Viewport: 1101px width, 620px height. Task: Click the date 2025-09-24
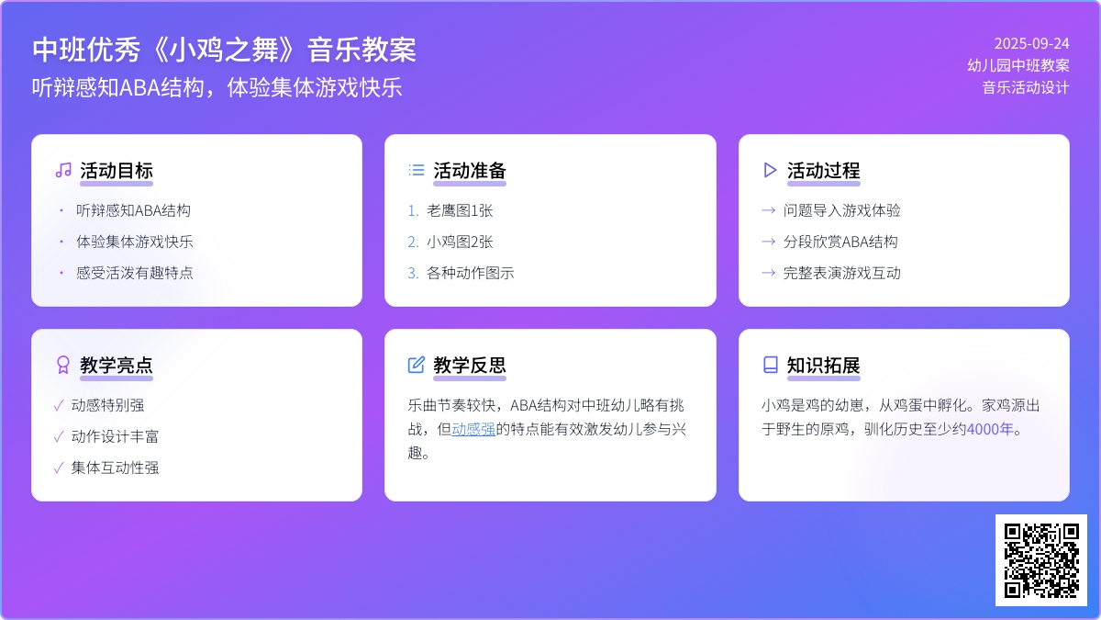click(x=1031, y=44)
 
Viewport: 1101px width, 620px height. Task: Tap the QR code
click(x=1041, y=560)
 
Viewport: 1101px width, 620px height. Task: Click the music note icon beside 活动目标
click(x=63, y=170)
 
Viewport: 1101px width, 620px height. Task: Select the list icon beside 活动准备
click(x=417, y=170)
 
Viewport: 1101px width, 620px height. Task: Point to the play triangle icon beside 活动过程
click(x=770, y=170)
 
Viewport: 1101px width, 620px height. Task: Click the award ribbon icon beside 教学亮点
click(x=63, y=366)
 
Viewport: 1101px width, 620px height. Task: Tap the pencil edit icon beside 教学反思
click(x=417, y=366)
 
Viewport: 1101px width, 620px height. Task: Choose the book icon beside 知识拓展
click(x=770, y=366)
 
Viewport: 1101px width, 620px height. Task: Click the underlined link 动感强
click(x=473, y=429)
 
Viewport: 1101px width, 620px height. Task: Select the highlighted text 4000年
click(x=990, y=429)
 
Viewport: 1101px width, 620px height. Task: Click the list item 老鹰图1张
click(x=460, y=210)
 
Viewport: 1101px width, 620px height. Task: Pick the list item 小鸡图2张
click(x=460, y=242)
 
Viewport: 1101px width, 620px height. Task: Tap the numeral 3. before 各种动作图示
click(x=413, y=273)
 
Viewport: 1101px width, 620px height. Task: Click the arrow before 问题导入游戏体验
click(x=768, y=210)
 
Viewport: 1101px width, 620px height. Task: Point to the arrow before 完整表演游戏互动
click(x=768, y=273)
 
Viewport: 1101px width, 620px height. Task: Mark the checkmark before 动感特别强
click(x=59, y=405)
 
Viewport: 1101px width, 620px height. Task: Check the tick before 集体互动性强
click(x=59, y=468)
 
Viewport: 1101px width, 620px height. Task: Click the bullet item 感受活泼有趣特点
click(x=134, y=273)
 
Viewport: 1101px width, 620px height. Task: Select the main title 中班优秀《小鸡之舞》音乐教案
click(x=224, y=50)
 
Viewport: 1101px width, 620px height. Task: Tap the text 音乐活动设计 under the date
click(x=1026, y=87)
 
